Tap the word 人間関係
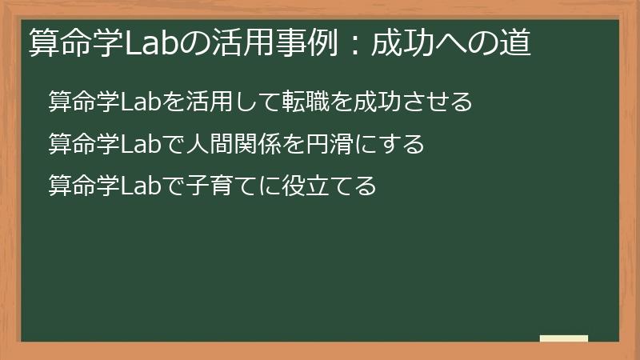235,145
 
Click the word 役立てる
326,188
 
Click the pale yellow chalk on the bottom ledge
564,338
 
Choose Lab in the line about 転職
142,102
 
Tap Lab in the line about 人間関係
142,145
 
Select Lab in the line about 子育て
142,188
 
